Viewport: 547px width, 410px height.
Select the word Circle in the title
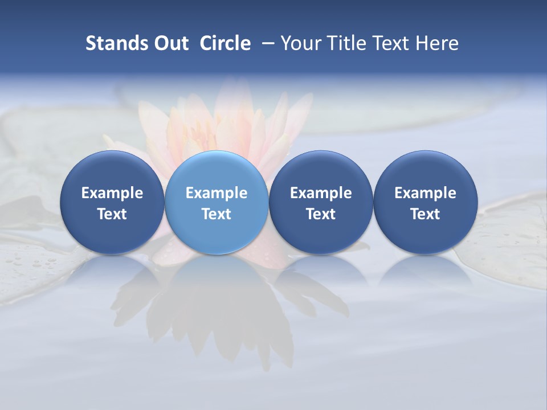coord(225,43)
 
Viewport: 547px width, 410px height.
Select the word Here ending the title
coord(437,43)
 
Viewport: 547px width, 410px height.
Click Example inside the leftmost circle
coord(112,193)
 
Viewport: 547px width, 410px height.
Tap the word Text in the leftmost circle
coord(112,214)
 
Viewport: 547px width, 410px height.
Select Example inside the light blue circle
coord(217,193)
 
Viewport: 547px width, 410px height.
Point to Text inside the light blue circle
coord(217,214)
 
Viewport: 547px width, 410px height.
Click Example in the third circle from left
coord(321,193)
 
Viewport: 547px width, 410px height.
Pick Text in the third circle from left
coord(321,214)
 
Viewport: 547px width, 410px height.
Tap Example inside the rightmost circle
coord(425,193)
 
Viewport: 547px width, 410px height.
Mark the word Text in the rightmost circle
coord(425,214)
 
